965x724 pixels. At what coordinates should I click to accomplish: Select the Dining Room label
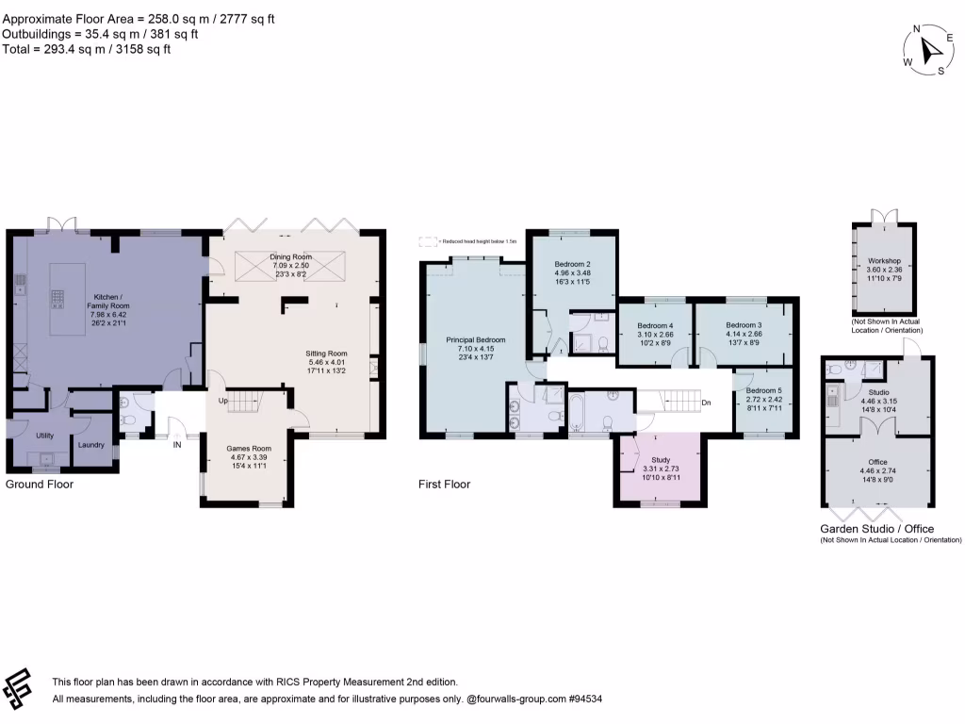pos(290,256)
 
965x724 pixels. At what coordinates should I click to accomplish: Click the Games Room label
pos(249,448)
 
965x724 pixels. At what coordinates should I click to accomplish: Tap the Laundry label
pos(91,445)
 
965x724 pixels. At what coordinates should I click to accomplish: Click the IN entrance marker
pos(176,445)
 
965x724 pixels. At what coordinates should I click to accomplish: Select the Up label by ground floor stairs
pos(224,400)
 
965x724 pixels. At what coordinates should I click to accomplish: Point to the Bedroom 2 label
pos(572,263)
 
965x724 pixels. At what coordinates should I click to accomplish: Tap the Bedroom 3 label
pos(743,324)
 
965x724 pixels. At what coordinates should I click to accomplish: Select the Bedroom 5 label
pos(764,390)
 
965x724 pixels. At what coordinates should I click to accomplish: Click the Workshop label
pos(884,259)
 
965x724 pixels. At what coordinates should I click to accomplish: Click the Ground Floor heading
pos(40,485)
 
